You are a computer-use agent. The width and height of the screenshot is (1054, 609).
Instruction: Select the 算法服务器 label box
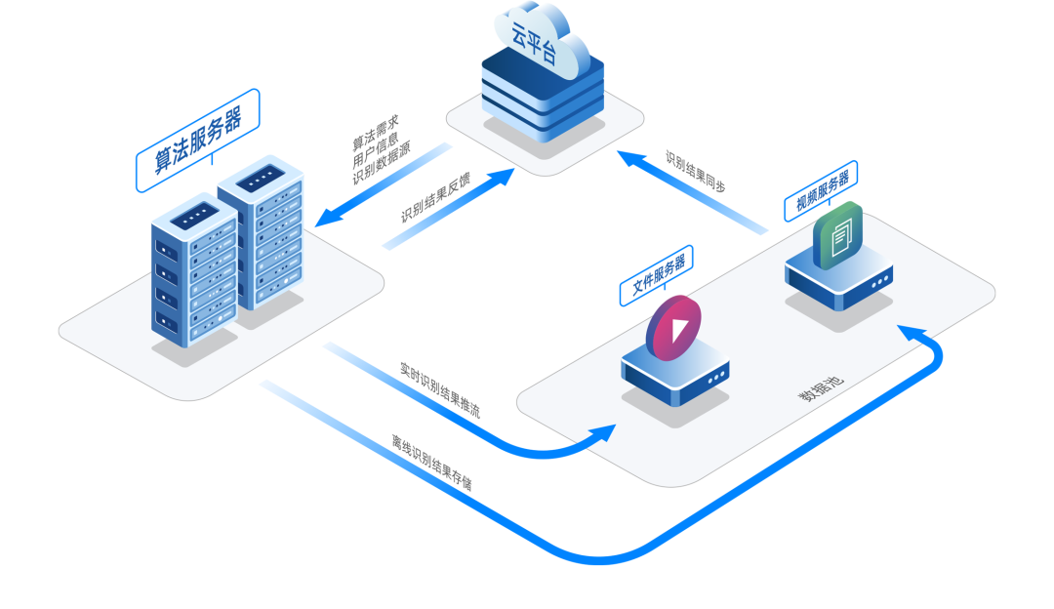point(197,140)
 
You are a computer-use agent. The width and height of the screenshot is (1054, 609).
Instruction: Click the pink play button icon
point(673,324)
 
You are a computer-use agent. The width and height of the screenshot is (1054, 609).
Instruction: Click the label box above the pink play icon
point(656,275)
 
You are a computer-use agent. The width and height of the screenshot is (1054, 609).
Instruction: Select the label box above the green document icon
point(821,190)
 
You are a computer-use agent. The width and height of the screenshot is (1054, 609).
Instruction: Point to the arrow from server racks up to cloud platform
point(449,210)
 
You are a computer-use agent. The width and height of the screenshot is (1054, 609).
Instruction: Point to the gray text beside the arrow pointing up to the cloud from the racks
point(435,198)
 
